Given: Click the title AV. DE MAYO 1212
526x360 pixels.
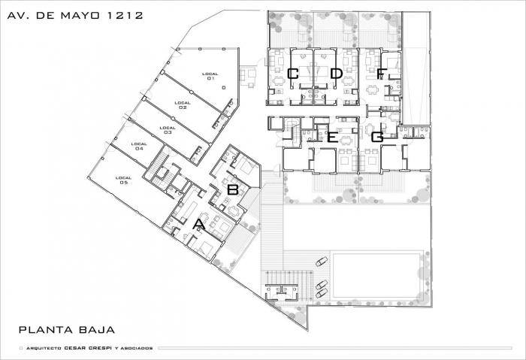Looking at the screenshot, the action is (75, 16).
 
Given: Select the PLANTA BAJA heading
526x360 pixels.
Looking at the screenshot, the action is (67, 329).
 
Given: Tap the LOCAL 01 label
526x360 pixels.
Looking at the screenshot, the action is (210, 76).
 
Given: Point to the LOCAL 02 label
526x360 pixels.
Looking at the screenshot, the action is (183, 105).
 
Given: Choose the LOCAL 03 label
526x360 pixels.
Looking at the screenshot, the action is (168, 130).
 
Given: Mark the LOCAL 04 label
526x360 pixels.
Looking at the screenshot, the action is (139, 146).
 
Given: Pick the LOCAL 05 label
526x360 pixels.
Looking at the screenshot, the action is (123, 180).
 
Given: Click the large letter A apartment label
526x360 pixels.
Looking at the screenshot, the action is (199, 224).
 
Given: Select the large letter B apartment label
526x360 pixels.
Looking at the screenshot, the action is (233, 189).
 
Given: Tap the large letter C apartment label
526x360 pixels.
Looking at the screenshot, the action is (293, 74).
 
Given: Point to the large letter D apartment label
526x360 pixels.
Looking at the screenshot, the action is (336, 74).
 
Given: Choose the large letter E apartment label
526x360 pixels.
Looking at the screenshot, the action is (332, 138).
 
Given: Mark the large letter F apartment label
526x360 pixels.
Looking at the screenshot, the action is (380, 74).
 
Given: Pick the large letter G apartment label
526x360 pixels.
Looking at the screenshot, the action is (378, 137).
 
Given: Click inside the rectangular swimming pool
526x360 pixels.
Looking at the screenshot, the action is (376, 275).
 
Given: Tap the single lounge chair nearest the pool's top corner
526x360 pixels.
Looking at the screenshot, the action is (322, 262).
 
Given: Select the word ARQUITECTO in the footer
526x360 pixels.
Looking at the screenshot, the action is (44, 348).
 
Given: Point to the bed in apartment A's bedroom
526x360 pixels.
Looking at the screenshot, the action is (204, 250).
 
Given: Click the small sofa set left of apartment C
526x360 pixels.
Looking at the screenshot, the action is (248, 77).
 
